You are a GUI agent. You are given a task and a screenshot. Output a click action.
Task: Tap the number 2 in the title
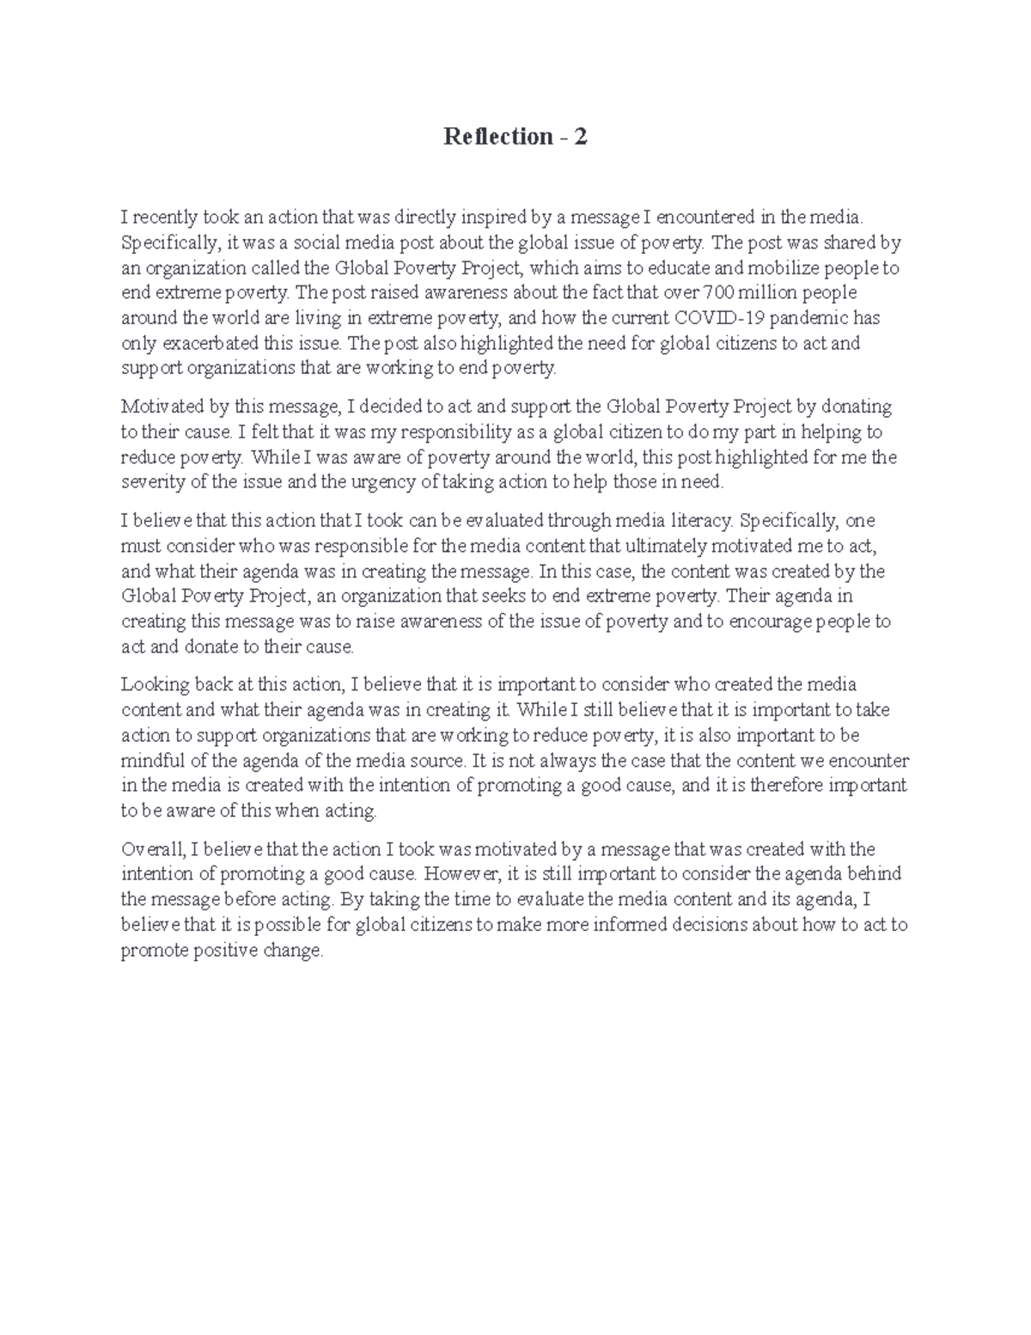coord(582,137)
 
